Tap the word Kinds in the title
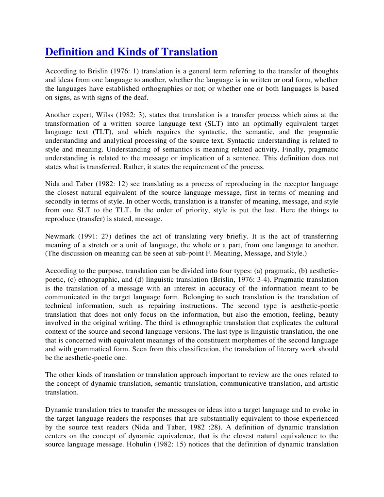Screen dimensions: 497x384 [x=134, y=51]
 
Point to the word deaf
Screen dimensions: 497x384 [x=140, y=98]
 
